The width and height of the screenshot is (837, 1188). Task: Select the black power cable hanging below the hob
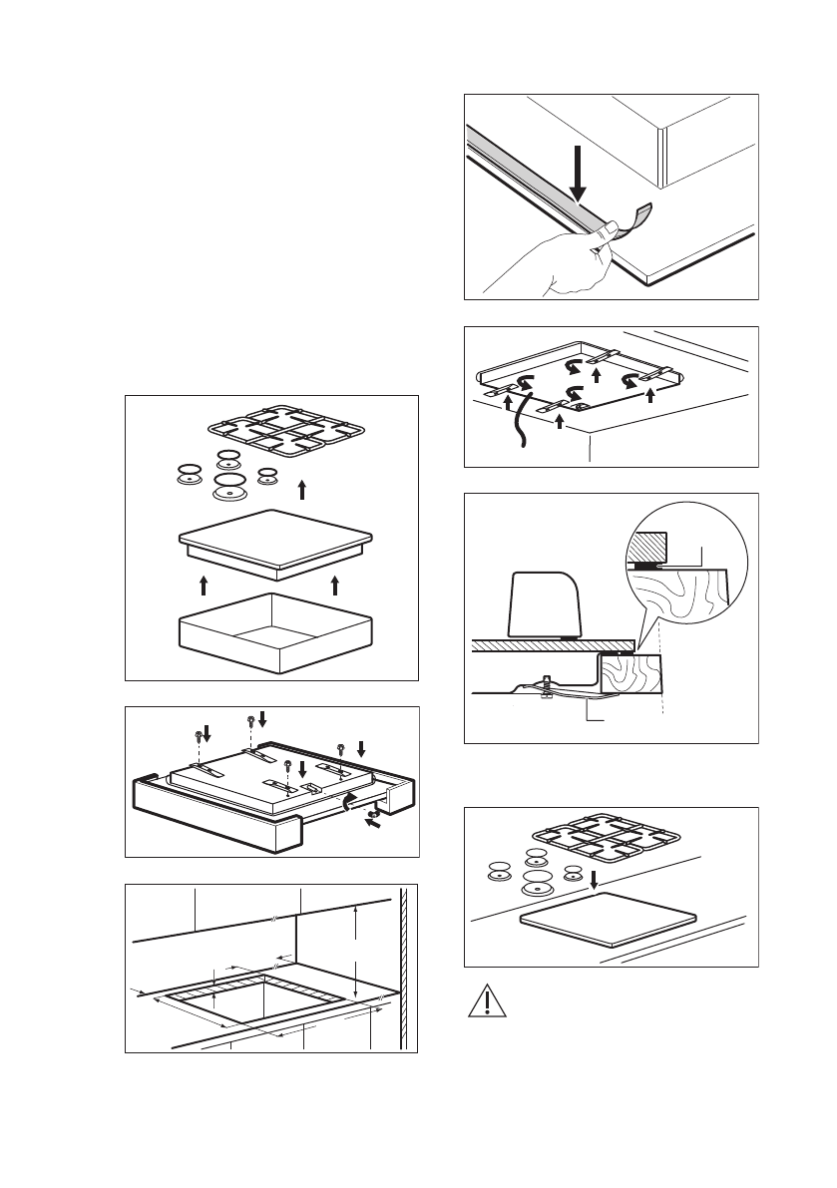516,429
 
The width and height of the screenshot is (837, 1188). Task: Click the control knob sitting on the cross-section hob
546,603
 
